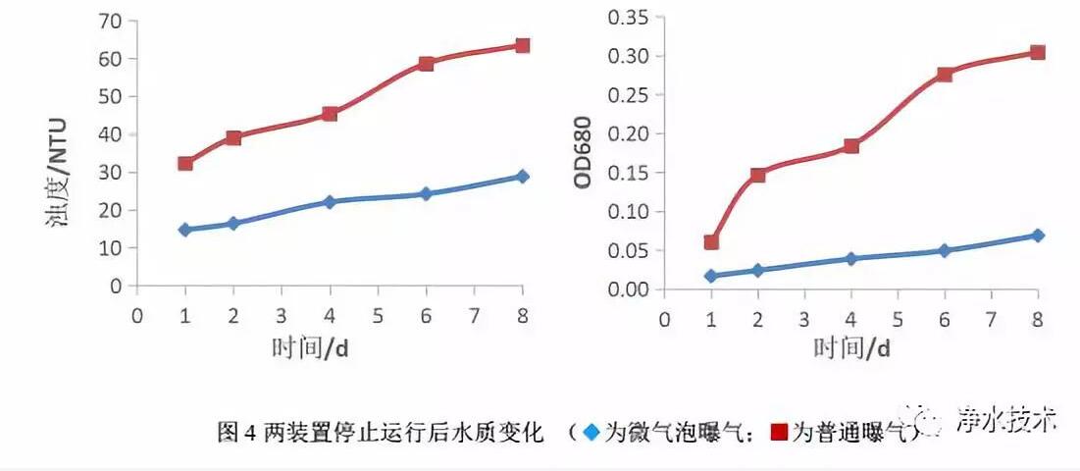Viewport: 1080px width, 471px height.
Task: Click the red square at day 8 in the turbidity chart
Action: pos(522,45)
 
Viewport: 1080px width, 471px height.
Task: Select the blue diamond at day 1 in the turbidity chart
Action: pos(184,230)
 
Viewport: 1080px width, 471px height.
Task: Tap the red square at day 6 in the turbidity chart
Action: pos(426,64)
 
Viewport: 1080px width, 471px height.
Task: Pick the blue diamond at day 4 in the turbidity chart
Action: pos(330,202)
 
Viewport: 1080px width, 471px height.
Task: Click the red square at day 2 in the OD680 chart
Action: pos(758,175)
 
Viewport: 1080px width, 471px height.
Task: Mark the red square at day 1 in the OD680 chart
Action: pos(711,241)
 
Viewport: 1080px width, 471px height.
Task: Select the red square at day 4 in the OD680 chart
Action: pos(851,146)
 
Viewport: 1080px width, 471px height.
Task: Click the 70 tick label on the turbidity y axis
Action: pos(113,21)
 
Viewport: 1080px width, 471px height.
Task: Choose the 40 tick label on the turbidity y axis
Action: pos(113,134)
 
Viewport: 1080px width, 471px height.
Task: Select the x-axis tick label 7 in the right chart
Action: pos(992,319)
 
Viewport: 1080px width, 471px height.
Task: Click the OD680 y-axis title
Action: pos(582,153)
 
